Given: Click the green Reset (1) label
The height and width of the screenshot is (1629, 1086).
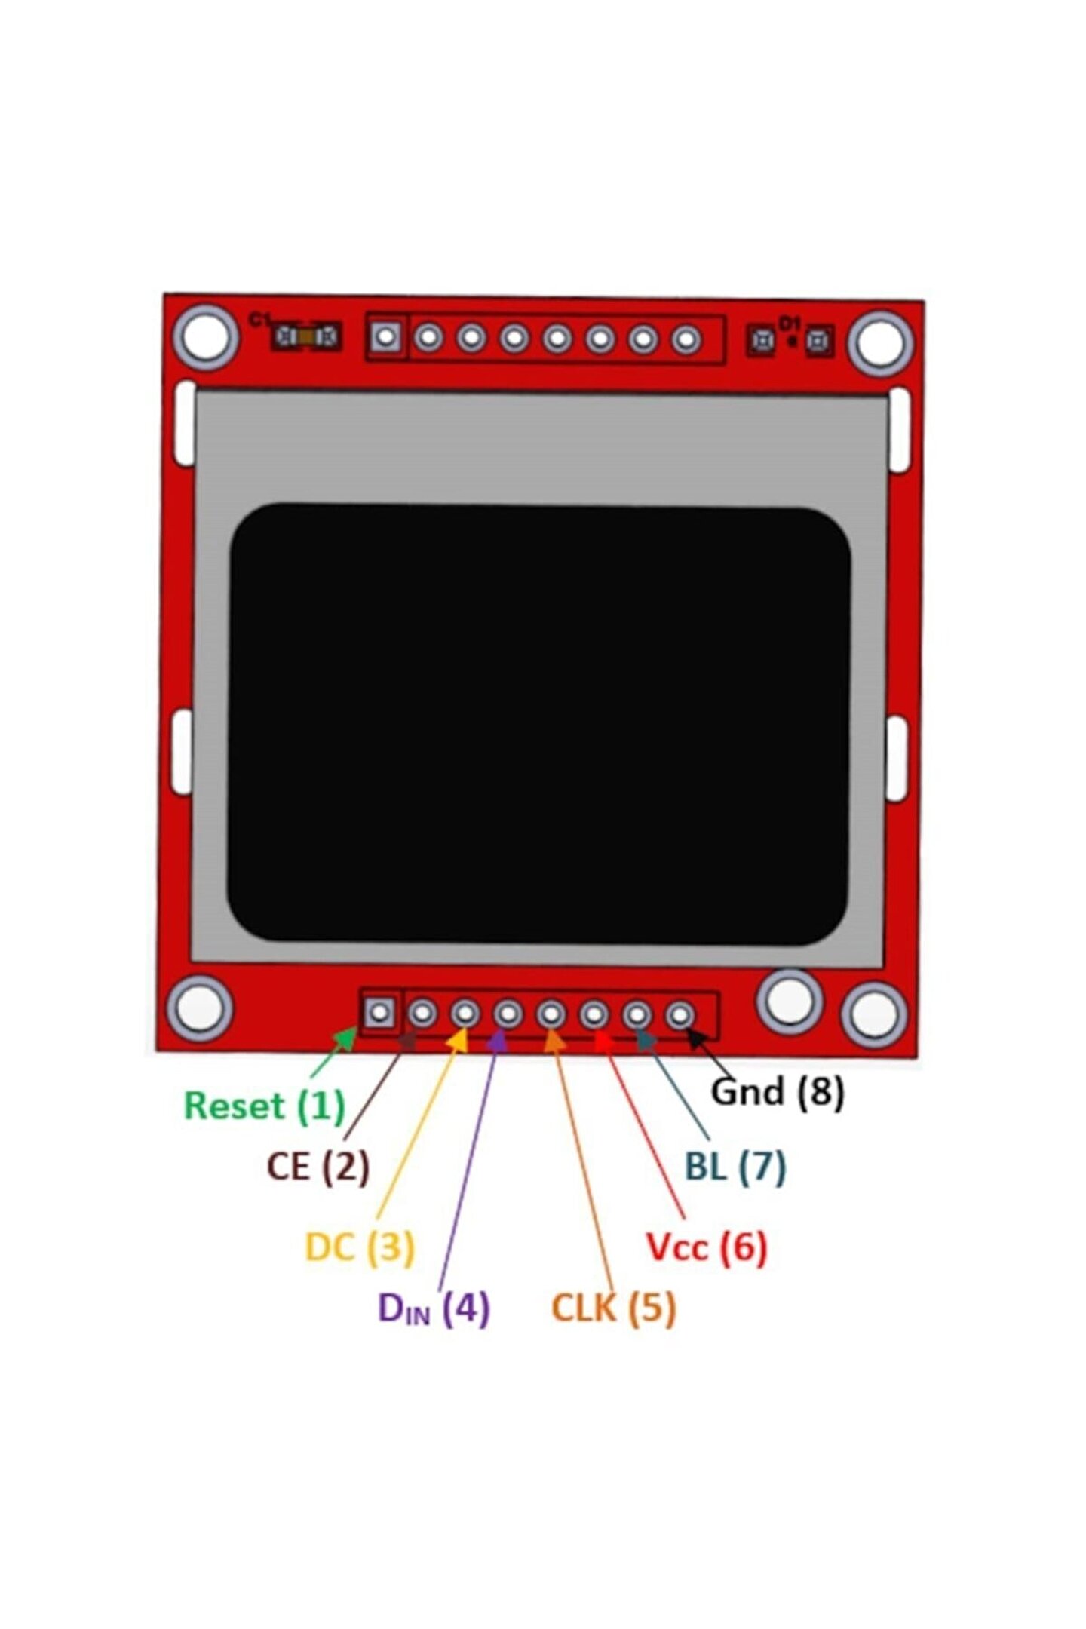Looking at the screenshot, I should point(264,1106).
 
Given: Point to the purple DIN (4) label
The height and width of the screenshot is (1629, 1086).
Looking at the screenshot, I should point(434,1308).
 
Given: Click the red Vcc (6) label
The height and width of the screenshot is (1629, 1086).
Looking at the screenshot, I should point(707,1247).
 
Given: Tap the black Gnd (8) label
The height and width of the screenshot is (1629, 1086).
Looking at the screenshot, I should point(778,1091).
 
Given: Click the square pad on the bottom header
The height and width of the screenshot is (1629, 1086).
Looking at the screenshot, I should point(379,1012).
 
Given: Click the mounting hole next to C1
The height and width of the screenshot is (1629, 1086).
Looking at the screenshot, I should point(206,336).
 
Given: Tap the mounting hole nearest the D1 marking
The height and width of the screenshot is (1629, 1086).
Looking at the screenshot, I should point(880,343).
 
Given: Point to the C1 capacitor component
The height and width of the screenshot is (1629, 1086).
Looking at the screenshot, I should point(305,336).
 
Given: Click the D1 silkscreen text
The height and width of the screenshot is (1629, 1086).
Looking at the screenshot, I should point(788,323).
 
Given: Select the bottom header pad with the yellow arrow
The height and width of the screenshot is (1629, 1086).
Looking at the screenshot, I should point(465,1013).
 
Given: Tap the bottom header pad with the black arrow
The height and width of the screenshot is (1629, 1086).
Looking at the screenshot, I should point(680,1015).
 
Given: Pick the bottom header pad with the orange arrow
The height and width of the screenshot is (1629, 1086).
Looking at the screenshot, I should point(551,1014).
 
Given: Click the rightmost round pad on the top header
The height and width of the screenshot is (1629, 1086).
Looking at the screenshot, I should point(686,339).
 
